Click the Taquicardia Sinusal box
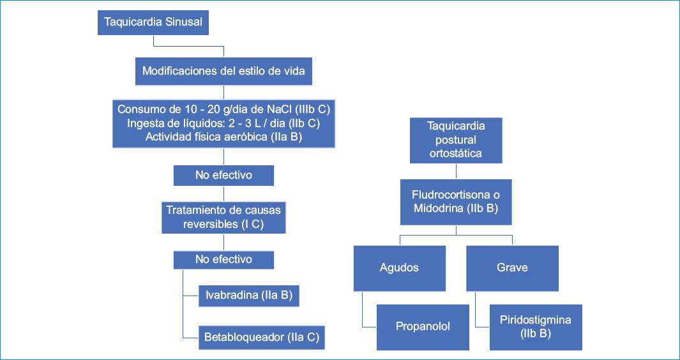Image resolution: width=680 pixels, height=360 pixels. [x=153, y=22]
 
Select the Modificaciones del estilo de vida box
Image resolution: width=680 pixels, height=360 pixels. [x=223, y=71]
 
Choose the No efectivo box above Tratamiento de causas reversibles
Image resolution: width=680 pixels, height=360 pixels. [x=223, y=176]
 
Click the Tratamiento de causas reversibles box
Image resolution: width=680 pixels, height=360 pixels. [x=223, y=217]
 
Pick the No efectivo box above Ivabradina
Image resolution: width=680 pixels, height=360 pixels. [x=223, y=259]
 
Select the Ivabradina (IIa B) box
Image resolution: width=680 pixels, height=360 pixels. [x=250, y=296]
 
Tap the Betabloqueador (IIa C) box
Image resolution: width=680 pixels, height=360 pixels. [x=262, y=336]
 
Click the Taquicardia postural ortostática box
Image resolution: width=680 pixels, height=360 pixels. [x=456, y=139]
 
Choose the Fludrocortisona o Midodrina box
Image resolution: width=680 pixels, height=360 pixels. [x=456, y=202]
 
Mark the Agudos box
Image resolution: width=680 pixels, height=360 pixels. [x=400, y=267]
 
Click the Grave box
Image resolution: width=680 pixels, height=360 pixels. [x=512, y=267]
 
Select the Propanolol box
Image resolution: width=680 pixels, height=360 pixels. [x=423, y=326]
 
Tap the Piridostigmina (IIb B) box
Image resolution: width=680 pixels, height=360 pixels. [x=536, y=326]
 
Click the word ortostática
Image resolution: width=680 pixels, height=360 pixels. [x=456, y=153]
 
